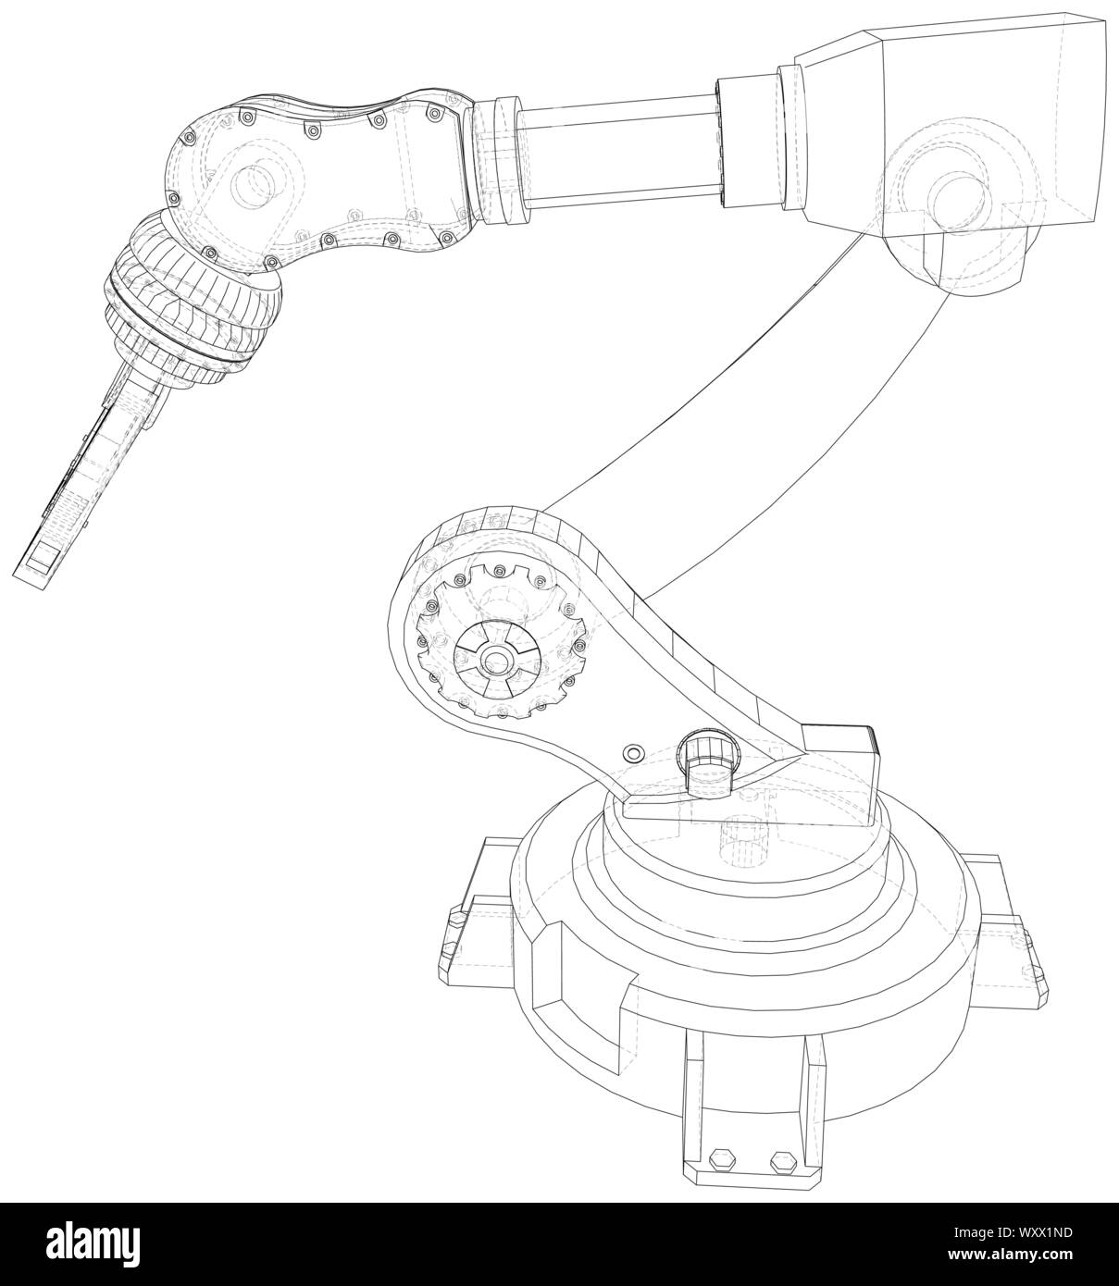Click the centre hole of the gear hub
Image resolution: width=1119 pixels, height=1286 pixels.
[x=498, y=661]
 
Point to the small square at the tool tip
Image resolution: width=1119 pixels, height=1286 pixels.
[x=43, y=560]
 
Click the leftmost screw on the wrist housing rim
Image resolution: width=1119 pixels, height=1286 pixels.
[x=172, y=197]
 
